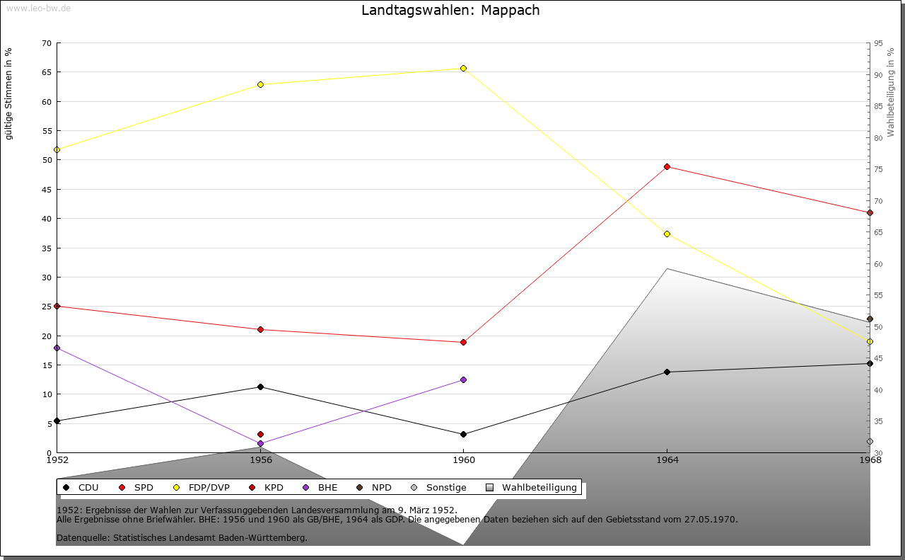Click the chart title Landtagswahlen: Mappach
pyautogui.click(x=450, y=10)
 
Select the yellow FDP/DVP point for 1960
pyautogui.click(x=463, y=69)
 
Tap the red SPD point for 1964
pyautogui.click(x=667, y=166)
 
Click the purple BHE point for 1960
pyautogui.click(x=463, y=379)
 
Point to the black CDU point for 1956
pyautogui.click(x=261, y=387)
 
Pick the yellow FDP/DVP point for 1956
pyautogui.click(x=261, y=84)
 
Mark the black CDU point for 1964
pyautogui.click(x=667, y=372)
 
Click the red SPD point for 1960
pyautogui.click(x=463, y=342)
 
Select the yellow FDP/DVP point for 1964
pyautogui.click(x=667, y=234)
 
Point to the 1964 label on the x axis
pyautogui.click(x=667, y=459)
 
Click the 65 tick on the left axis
pyautogui.click(x=47, y=72)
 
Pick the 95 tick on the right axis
pyautogui.click(x=878, y=43)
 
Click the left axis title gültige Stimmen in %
pyautogui.click(x=9, y=93)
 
